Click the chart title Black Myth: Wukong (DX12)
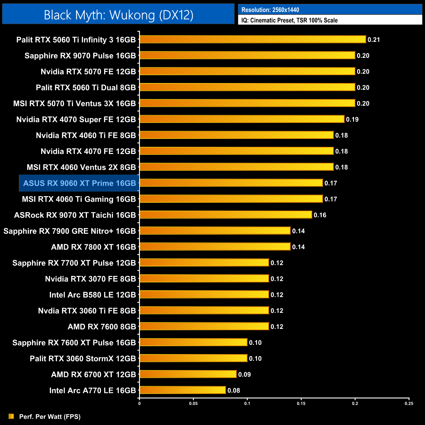point(118,15)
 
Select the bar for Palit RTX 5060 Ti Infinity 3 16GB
point(252,40)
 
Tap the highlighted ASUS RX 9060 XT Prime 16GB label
point(79,183)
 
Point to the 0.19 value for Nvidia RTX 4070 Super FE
point(352,119)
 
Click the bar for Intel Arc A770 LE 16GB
point(182,390)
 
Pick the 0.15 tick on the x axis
point(301,403)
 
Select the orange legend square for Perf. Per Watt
point(11,416)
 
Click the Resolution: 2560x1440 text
point(270,10)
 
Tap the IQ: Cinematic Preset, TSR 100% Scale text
point(289,20)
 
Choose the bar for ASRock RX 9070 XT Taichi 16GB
point(226,215)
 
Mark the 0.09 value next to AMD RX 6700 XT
point(244,374)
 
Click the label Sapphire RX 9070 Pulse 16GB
point(80,56)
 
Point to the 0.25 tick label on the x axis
point(409,403)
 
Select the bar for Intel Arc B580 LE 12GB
point(204,295)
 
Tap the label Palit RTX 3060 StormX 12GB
point(83,359)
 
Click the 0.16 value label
point(320,215)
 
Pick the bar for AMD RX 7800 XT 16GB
point(215,247)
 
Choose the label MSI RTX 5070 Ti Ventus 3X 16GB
point(75,104)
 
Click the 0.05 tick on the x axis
point(193,403)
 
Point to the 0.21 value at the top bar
point(374,40)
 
